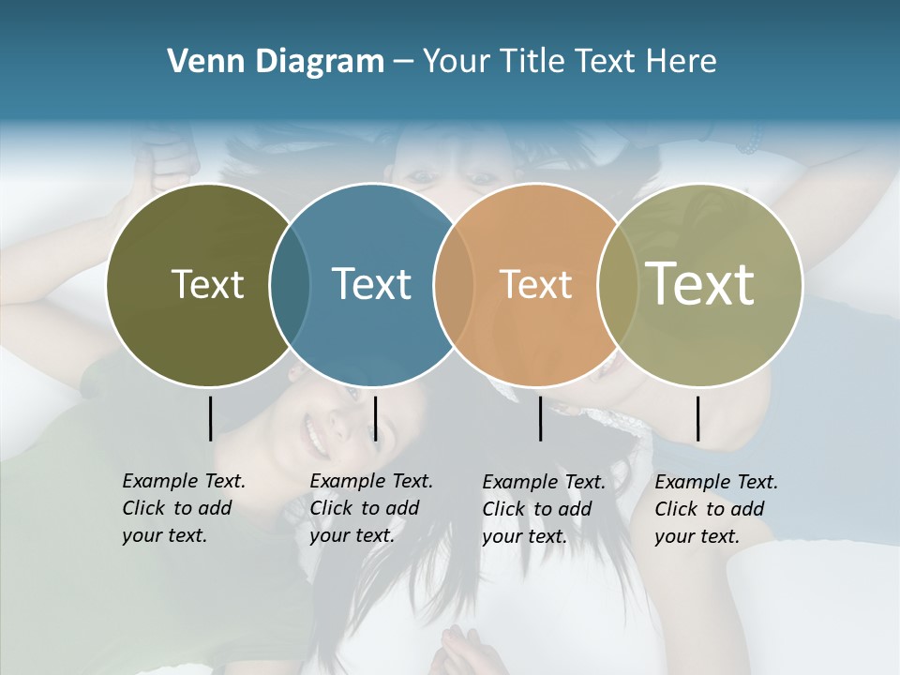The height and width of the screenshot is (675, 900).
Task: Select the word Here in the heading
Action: (x=682, y=62)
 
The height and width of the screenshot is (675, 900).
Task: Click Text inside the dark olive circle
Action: (x=207, y=284)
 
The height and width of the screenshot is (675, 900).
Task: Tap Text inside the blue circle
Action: (x=371, y=284)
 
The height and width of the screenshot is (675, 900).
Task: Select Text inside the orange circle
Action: (x=535, y=284)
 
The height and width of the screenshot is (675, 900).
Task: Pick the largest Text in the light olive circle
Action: (x=700, y=283)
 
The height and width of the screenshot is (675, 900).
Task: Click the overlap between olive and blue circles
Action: (x=290, y=284)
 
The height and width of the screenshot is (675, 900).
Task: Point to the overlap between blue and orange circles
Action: (x=454, y=284)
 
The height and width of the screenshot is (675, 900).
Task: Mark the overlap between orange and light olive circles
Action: (x=617, y=284)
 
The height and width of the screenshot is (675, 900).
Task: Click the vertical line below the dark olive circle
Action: (x=210, y=418)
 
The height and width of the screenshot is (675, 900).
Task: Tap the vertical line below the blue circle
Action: (x=375, y=418)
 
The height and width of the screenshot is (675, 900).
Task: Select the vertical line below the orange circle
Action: (x=540, y=418)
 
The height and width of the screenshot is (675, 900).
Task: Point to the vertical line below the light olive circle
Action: (x=697, y=418)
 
